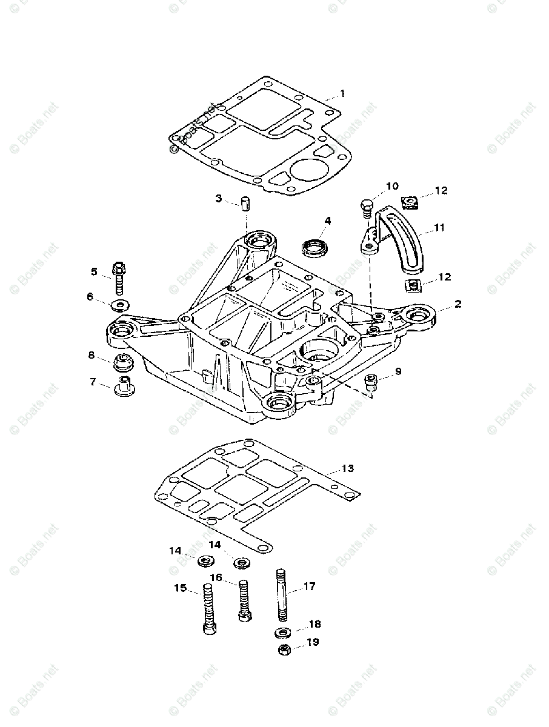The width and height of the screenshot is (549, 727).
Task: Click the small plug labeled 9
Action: point(372,381)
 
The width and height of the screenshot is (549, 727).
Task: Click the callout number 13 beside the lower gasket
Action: point(347,468)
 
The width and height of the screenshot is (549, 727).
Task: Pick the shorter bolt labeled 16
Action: point(243,600)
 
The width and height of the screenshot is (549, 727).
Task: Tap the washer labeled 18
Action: point(282,633)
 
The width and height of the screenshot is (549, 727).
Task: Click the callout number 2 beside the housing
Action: point(458,304)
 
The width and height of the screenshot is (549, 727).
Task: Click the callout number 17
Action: point(309,586)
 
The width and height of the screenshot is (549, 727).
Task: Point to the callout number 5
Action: point(94,271)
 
